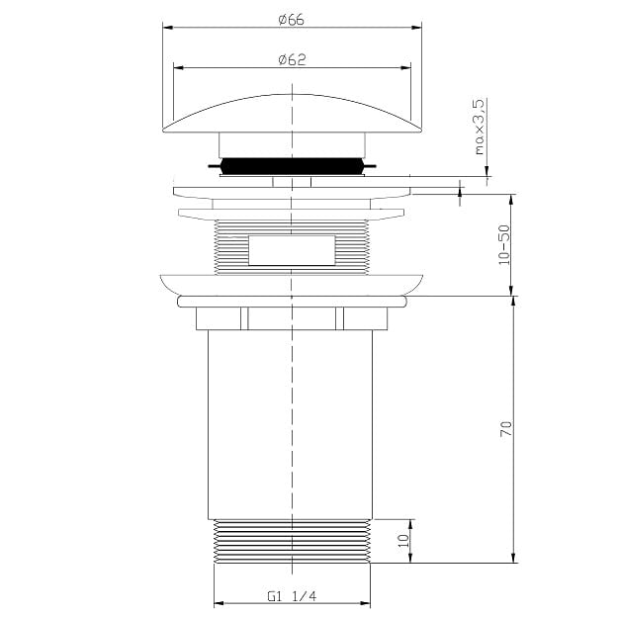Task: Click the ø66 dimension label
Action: tap(292, 20)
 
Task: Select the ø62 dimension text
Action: tap(292, 60)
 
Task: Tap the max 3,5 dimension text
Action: tap(479, 127)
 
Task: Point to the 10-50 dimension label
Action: tap(504, 245)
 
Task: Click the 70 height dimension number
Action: tap(506, 428)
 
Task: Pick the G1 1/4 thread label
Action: tap(292, 596)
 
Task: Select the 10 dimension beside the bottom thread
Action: tap(403, 541)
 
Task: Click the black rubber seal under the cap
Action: tap(292, 166)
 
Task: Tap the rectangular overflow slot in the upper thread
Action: tap(292, 250)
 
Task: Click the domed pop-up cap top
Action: tap(292, 113)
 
